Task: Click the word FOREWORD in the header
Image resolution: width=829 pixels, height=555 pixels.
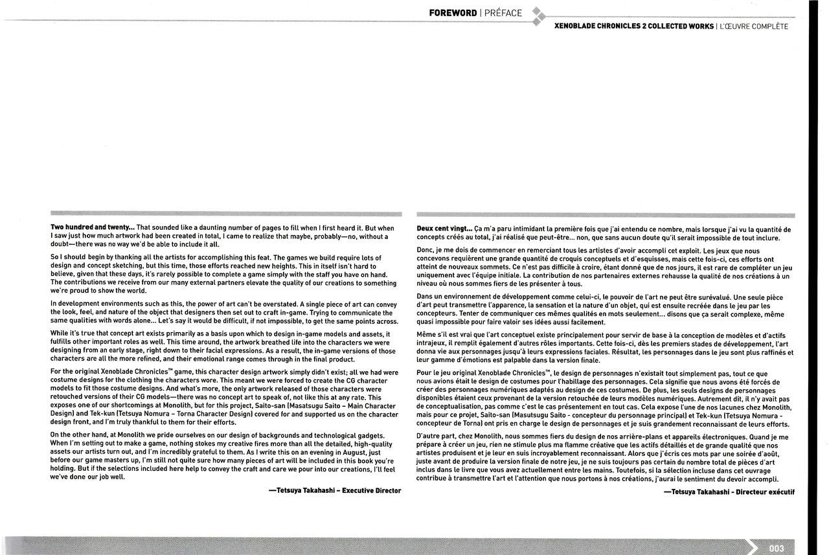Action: (x=453, y=13)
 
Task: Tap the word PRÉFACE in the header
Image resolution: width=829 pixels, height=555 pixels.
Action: (x=503, y=13)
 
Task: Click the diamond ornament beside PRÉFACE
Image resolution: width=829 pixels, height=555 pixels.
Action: (x=538, y=16)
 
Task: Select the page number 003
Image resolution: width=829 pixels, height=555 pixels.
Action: (x=777, y=548)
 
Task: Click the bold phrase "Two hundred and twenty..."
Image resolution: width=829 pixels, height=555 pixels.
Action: (x=93, y=228)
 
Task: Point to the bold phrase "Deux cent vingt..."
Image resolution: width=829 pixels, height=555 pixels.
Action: (x=444, y=229)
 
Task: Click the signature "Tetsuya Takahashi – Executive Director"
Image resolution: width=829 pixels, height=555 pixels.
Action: (x=335, y=491)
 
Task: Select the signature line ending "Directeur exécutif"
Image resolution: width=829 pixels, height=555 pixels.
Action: (x=729, y=492)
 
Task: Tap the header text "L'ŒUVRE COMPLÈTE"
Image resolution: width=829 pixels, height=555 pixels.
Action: (x=755, y=27)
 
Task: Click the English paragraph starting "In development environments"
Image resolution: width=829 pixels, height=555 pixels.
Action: (x=224, y=312)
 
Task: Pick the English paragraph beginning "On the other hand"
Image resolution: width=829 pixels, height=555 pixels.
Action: (x=224, y=456)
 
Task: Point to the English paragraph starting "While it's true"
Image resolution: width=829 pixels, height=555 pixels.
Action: (x=224, y=346)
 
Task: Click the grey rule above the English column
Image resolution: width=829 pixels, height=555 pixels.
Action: (x=226, y=214)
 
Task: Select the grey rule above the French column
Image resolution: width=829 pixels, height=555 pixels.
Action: (x=606, y=214)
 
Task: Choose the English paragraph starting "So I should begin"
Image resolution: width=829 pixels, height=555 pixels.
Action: (x=224, y=274)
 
